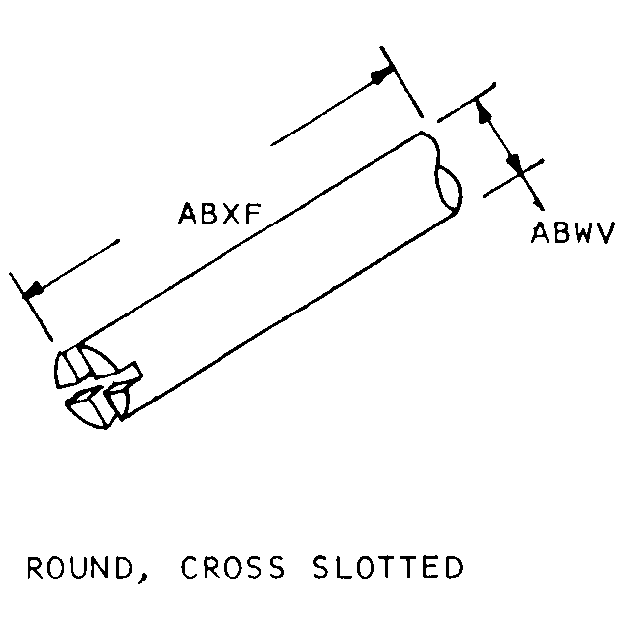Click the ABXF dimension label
tap(220, 214)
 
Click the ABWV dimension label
tap(574, 232)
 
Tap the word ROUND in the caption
tap(79, 567)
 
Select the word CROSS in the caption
tap(233, 567)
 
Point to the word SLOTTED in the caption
tap(389, 567)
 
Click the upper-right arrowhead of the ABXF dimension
tap(381, 76)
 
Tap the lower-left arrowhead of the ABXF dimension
tap(33, 291)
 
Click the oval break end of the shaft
tap(449, 190)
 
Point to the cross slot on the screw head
tap(105, 386)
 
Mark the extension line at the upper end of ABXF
tap(401, 82)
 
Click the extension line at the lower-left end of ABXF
tap(31, 308)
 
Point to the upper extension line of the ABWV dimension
tap(467, 102)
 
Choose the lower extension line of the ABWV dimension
tap(513, 178)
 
